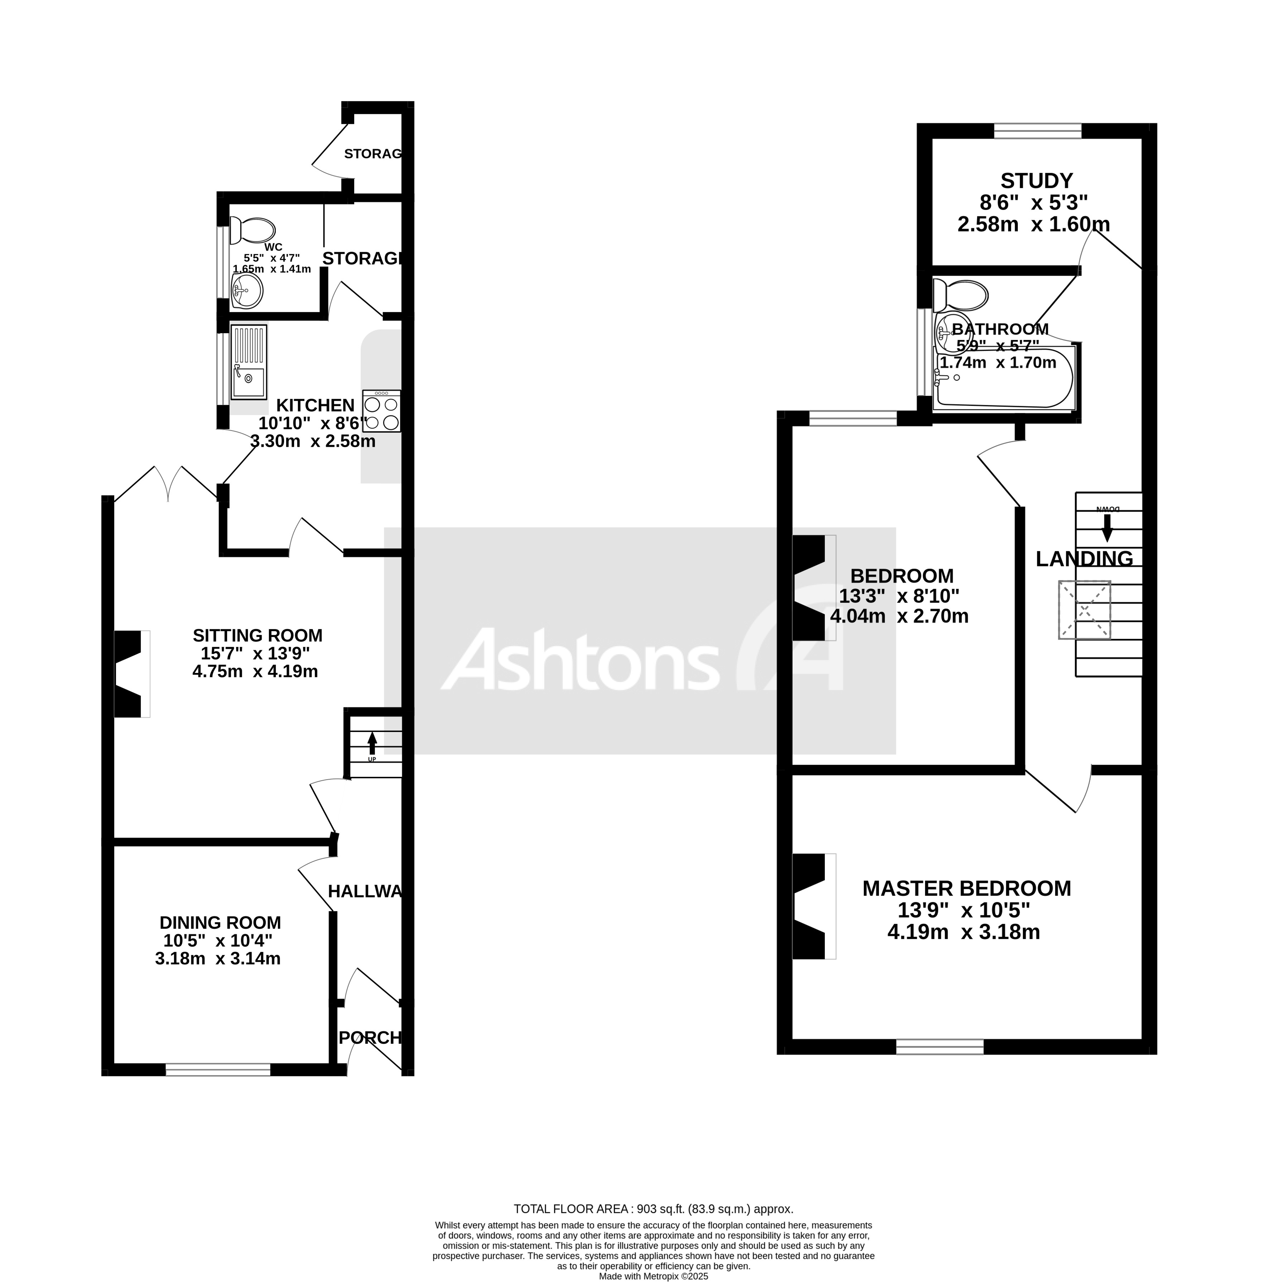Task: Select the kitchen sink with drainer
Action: click(x=249, y=362)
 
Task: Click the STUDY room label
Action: click(x=1036, y=181)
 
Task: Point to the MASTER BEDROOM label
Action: click(x=966, y=889)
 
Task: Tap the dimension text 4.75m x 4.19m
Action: click(x=255, y=671)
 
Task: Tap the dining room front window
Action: click(x=218, y=1070)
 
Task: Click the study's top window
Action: click(x=1038, y=131)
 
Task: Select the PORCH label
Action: click(x=370, y=1038)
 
